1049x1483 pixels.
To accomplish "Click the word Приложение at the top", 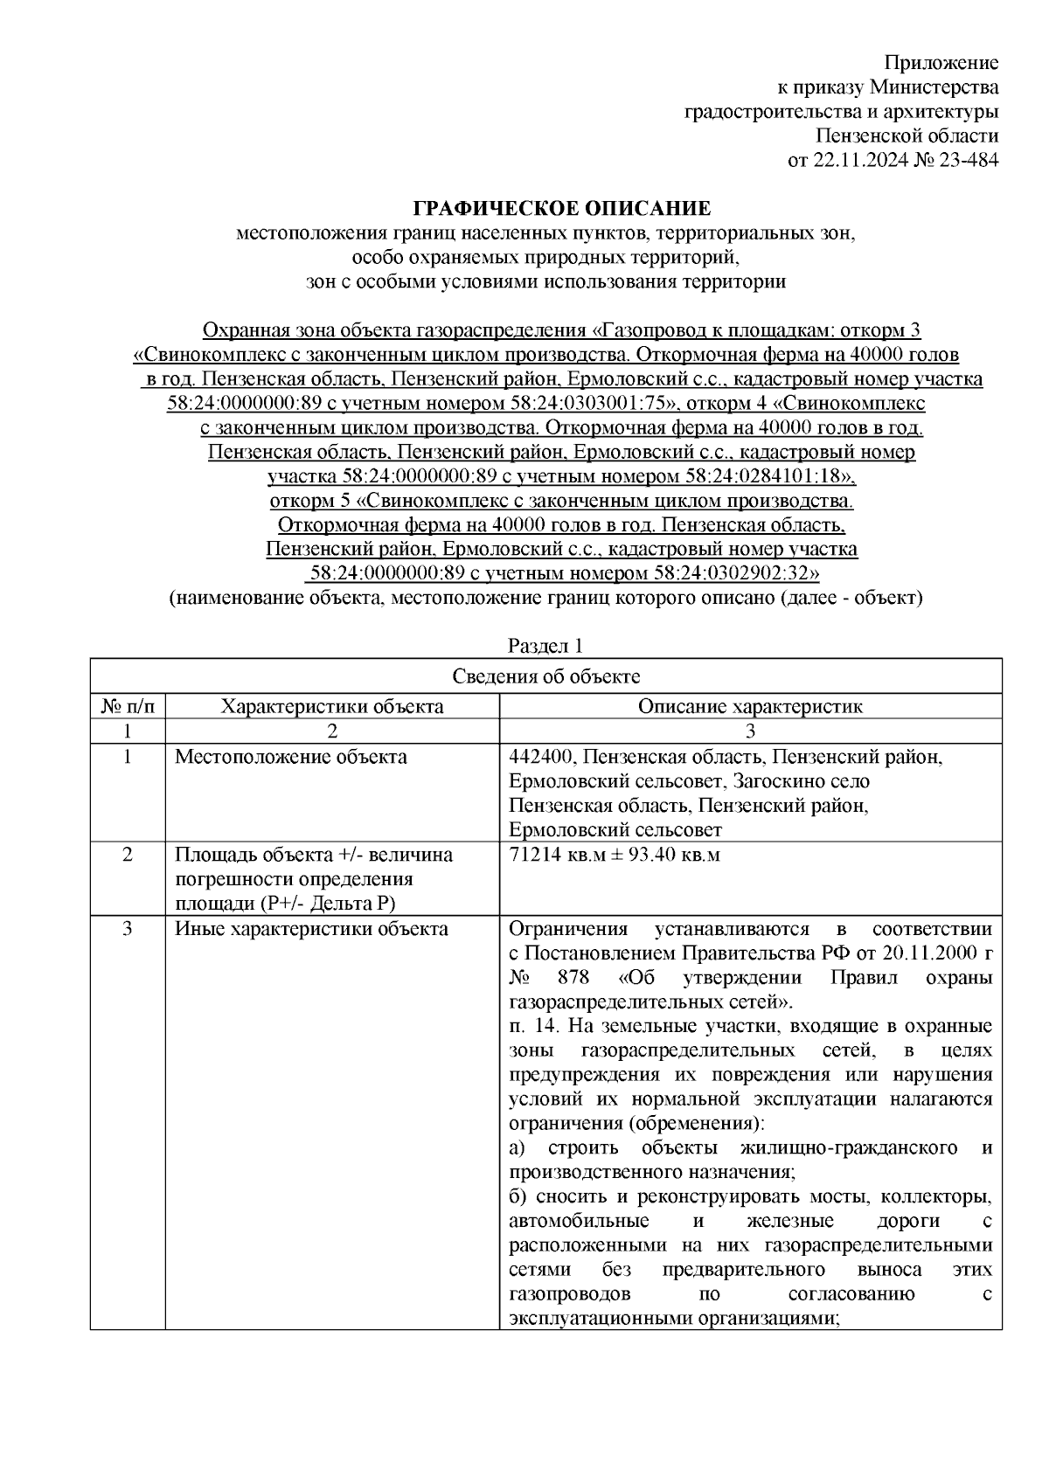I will point(941,63).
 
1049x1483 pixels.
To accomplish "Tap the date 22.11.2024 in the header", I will point(857,160).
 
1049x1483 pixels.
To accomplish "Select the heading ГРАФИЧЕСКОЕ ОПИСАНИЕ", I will point(562,209).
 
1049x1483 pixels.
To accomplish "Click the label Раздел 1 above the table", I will point(545,647).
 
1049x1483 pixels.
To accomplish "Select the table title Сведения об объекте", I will point(545,676).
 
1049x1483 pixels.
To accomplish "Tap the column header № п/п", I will point(128,706).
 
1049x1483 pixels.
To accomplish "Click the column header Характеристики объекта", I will point(331,706).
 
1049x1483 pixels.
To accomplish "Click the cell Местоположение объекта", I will point(290,757).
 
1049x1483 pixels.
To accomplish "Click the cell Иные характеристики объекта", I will point(311,929).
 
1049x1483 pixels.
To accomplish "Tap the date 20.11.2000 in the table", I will point(928,953).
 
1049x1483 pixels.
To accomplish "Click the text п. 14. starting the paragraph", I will point(532,1026).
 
